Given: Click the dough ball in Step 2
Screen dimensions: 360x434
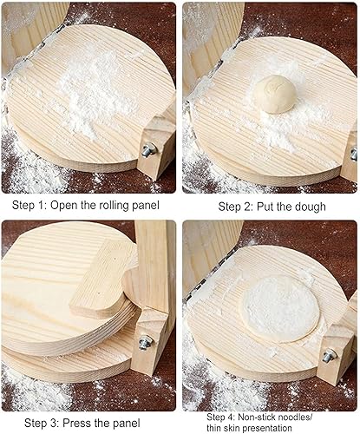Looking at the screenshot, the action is coord(275,94).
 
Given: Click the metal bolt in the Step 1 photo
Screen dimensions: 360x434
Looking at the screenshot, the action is coord(149,150).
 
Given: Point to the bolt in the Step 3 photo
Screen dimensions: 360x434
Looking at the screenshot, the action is coord(146,342).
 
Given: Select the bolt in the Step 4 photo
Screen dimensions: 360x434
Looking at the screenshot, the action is coord(330,356).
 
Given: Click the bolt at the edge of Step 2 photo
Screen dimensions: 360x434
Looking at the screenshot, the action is coord(354,155).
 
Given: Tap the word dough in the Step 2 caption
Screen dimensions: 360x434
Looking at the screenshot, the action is coord(311,207).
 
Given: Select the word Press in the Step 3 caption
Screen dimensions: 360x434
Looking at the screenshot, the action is coord(76,423).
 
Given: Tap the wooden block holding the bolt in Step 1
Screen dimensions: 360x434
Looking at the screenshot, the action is coord(156,148).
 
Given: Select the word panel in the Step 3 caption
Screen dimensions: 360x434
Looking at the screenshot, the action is coord(126,423).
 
